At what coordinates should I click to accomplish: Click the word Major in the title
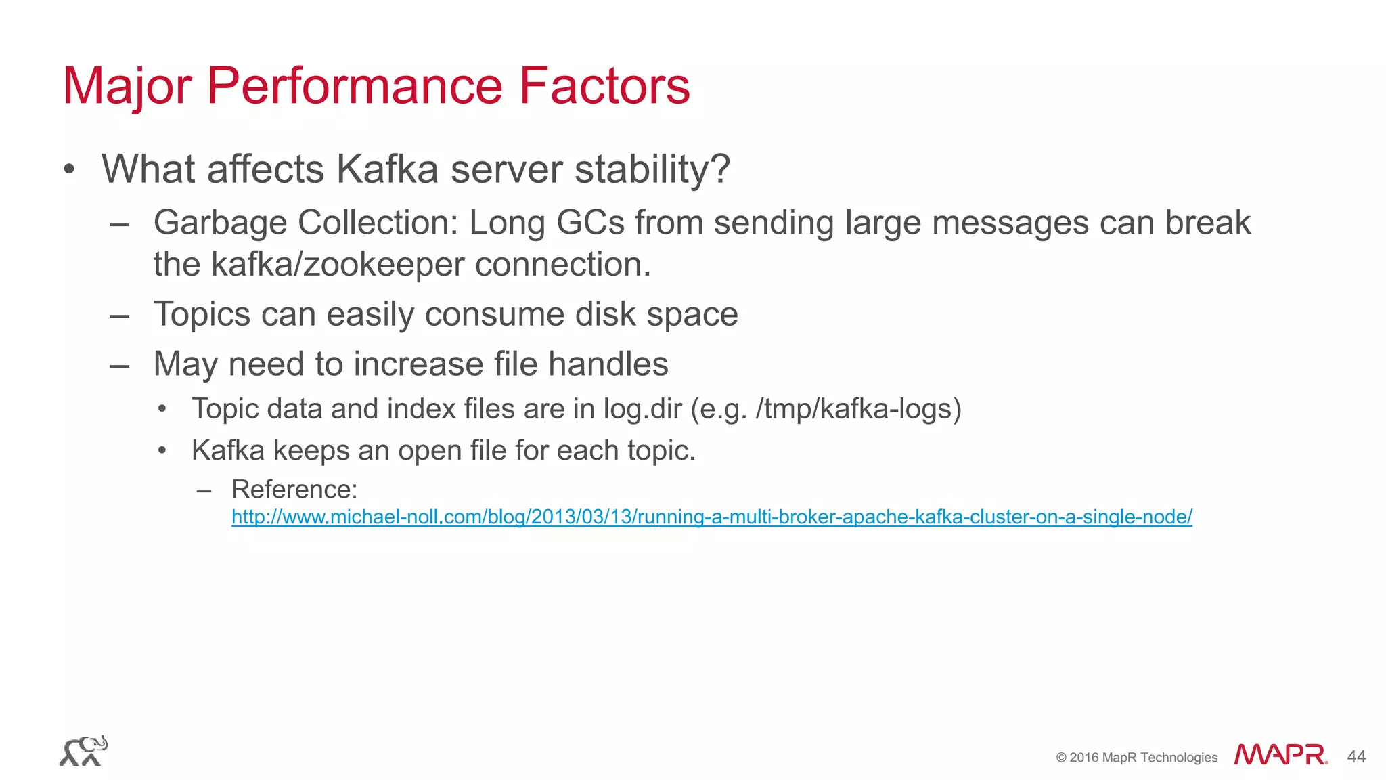(127, 87)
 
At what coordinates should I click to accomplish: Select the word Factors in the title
(604, 87)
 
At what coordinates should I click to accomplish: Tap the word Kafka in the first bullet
(387, 169)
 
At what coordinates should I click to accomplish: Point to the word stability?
(652, 169)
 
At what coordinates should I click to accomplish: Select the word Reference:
(294, 490)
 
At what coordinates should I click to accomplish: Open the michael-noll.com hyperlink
(711, 517)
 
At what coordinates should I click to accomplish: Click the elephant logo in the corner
(83, 751)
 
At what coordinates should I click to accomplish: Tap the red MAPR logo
(1280, 755)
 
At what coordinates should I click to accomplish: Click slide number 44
(1356, 756)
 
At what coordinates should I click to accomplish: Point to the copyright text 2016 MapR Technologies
(1142, 758)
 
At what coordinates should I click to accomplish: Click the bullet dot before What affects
(69, 169)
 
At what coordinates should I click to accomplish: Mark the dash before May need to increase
(119, 366)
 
